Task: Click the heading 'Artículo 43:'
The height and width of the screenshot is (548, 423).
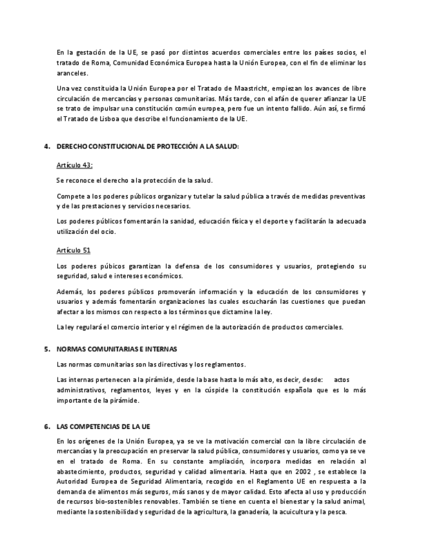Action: tap(74, 165)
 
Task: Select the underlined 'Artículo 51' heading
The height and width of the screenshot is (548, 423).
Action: tap(73, 250)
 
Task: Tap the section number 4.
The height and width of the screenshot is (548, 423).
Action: tap(46, 147)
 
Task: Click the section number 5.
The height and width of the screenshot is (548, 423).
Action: tap(46, 349)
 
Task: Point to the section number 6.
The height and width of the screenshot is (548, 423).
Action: tap(46, 427)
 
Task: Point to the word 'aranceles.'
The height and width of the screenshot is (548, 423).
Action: tap(71, 74)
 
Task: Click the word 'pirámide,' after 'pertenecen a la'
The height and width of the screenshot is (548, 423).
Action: tap(143, 380)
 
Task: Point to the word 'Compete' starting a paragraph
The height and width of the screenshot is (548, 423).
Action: tap(70, 196)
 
